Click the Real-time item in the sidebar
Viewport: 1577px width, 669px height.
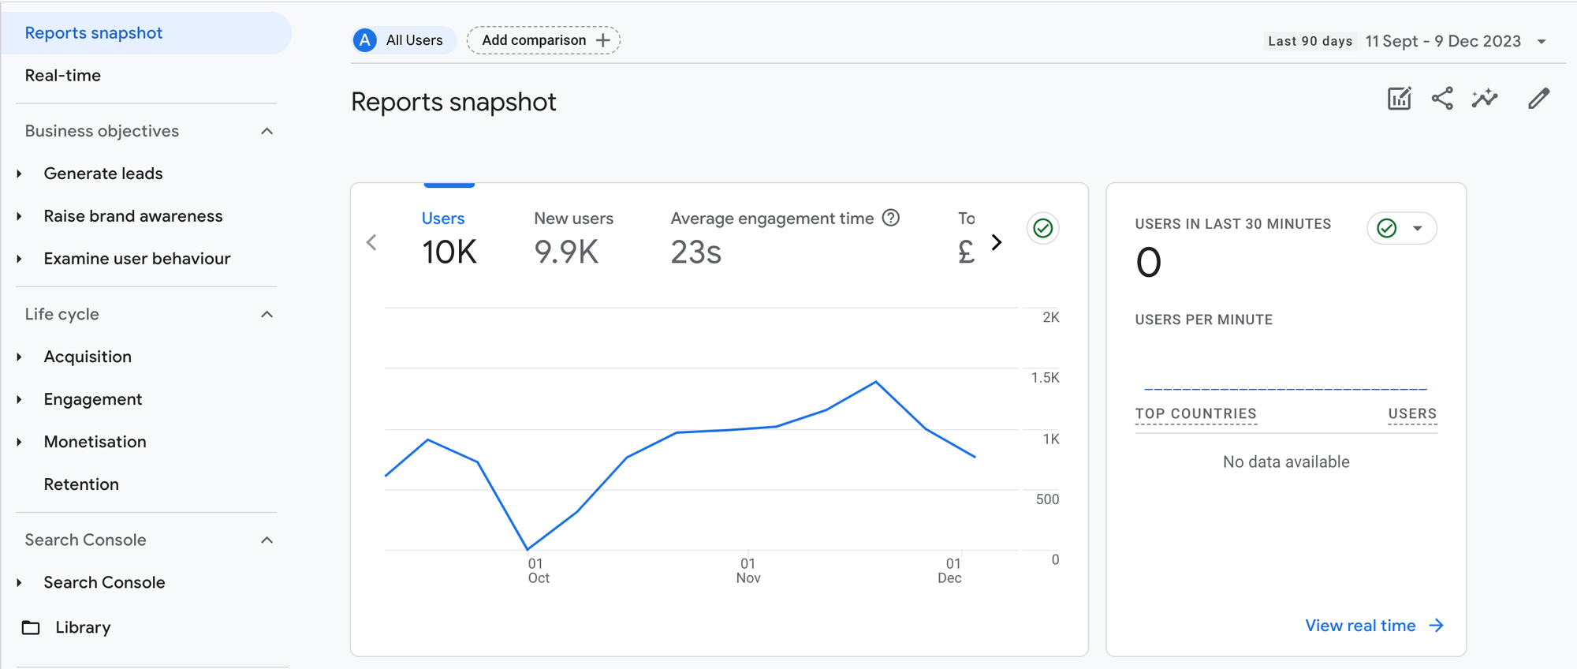pyautogui.click(x=63, y=76)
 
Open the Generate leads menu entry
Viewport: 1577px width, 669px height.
pyautogui.click(x=103, y=174)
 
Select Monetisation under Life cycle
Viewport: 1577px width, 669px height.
pyautogui.click(x=95, y=442)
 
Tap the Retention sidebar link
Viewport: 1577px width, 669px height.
pyautogui.click(x=81, y=484)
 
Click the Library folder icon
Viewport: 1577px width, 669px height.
pyautogui.click(x=31, y=628)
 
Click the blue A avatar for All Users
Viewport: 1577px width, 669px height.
pyautogui.click(x=365, y=40)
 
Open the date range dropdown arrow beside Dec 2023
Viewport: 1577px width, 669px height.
pyautogui.click(x=1542, y=42)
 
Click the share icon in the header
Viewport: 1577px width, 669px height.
pyautogui.click(x=1442, y=99)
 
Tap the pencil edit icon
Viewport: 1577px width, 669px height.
pyautogui.click(x=1538, y=99)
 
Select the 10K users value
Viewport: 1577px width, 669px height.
pyautogui.click(x=449, y=252)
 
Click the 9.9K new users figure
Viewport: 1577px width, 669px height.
pyautogui.click(x=566, y=252)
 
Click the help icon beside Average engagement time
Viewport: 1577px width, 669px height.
pyautogui.click(x=891, y=218)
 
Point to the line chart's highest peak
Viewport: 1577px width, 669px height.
pyautogui.click(x=876, y=382)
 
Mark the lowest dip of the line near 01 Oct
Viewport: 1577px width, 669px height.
pyautogui.click(x=528, y=549)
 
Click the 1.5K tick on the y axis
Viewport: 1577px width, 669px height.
pyautogui.click(x=1045, y=378)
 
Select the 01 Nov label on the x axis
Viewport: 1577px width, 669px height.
pyautogui.click(x=748, y=570)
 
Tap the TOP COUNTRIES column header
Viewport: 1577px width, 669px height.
pyautogui.click(x=1195, y=413)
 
